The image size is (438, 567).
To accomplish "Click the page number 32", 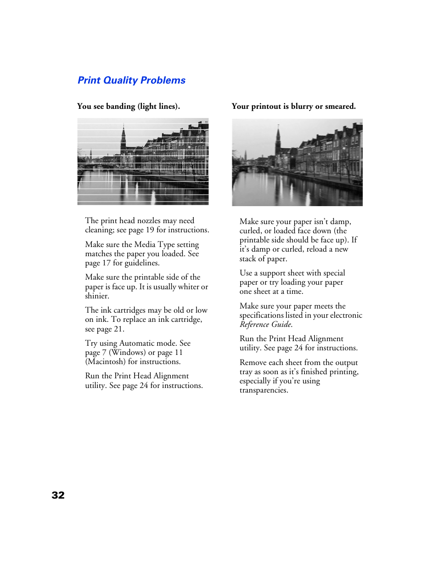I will (58, 495).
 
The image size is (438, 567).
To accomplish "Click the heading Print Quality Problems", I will (131, 80).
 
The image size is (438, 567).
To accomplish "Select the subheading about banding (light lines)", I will (129, 107).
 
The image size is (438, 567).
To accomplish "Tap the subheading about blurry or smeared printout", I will (293, 107).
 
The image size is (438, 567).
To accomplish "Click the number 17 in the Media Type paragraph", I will (107, 263).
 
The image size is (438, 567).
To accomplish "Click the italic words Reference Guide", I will (266, 325).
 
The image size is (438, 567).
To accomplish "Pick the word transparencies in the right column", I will (264, 390).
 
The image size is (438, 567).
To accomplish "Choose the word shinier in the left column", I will (97, 296).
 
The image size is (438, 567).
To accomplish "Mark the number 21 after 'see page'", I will (118, 329).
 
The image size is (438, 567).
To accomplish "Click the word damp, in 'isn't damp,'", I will (340, 222).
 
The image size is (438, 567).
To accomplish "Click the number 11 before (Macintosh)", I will (179, 353).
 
